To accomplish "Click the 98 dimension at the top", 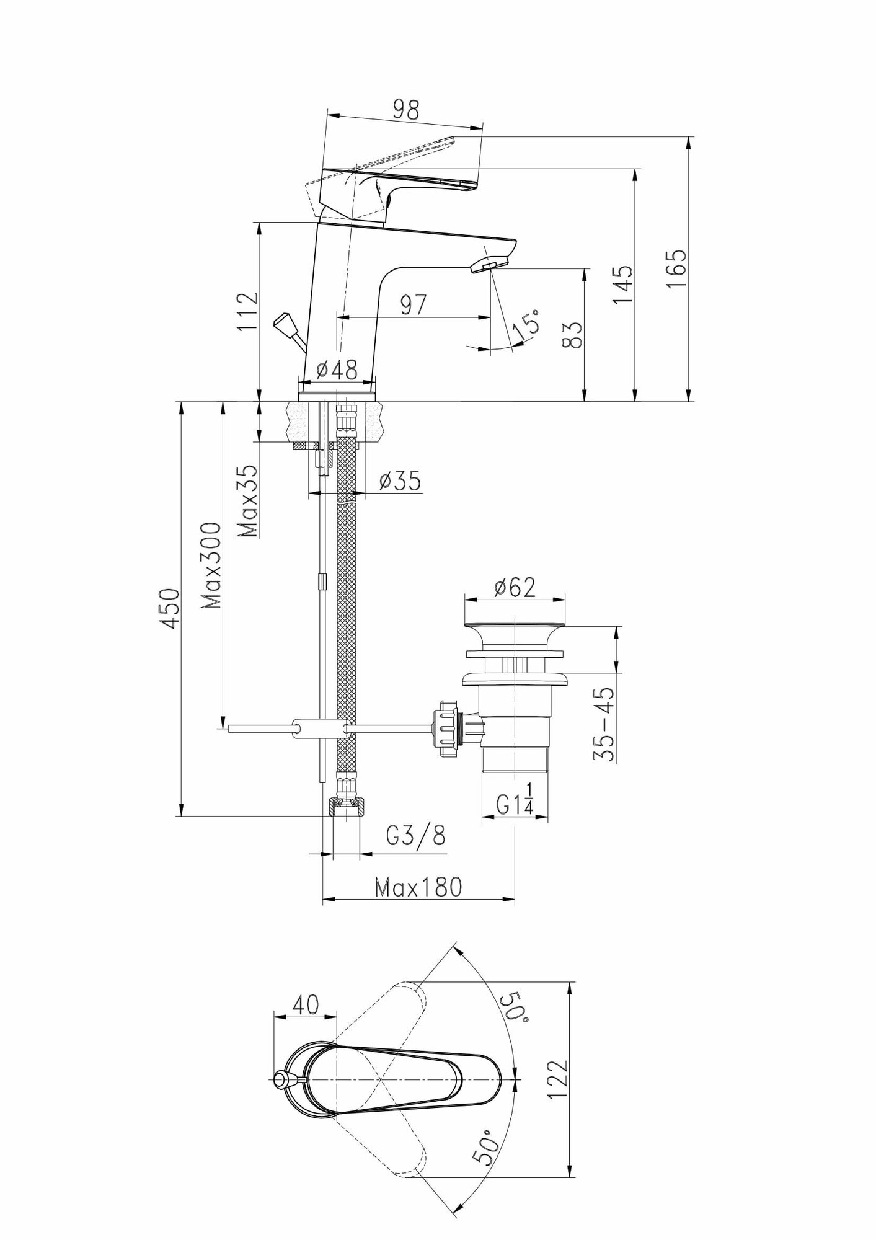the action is (x=405, y=110).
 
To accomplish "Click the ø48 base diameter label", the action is (x=337, y=370).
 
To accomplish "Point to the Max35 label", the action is (x=248, y=501).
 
